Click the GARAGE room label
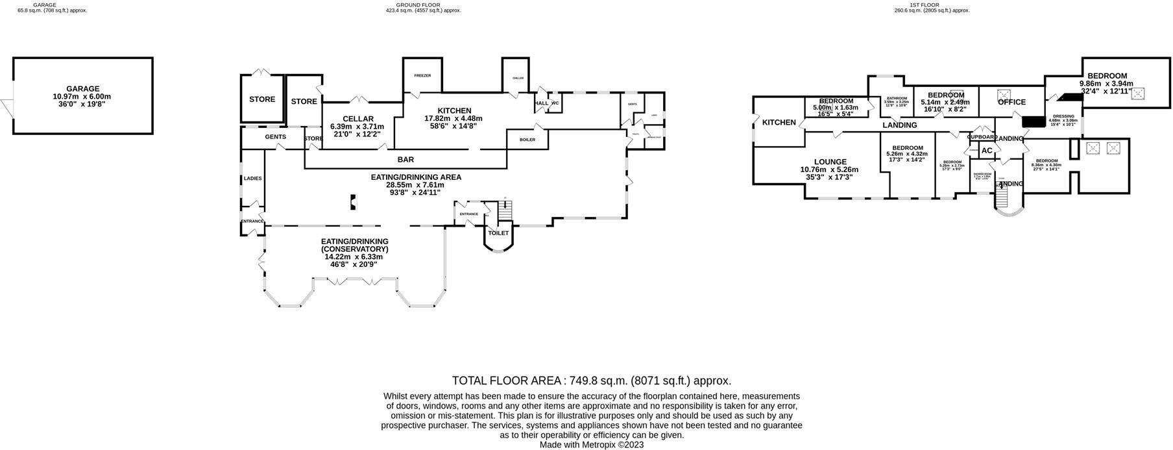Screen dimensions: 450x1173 tap(83, 89)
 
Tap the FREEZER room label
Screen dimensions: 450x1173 tap(422, 75)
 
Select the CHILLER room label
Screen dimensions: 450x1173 tap(518, 78)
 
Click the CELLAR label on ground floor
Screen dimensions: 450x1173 tap(357, 119)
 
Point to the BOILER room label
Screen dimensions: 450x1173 tap(527, 139)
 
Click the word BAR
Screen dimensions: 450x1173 tap(405, 159)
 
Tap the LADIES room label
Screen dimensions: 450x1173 tap(252, 178)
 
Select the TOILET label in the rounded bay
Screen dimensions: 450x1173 tap(498, 232)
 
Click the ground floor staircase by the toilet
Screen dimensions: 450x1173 tap(505, 211)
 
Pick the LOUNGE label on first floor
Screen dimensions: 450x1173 tap(830, 162)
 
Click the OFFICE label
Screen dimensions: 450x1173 tap(1011, 102)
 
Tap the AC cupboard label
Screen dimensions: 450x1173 tap(987, 151)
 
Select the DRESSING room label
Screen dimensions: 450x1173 tap(1063, 116)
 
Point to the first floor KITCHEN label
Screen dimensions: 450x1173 tap(779, 122)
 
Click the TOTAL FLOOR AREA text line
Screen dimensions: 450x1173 tap(591, 381)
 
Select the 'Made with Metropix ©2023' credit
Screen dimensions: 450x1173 tap(591, 445)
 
